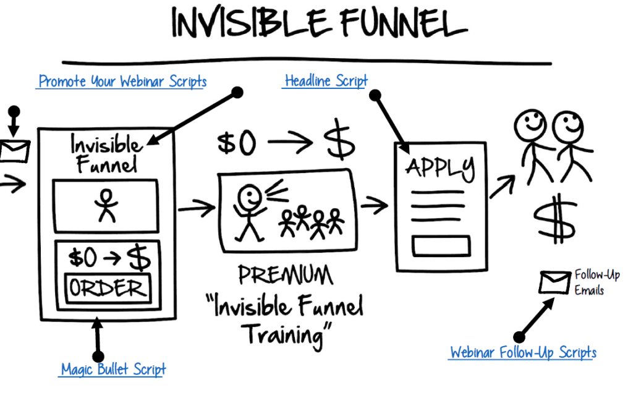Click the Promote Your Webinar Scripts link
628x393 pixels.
pyautogui.click(x=122, y=81)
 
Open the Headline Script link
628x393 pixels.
pyautogui.click(x=326, y=80)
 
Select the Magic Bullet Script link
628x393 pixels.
pyautogui.click(x=113, y=369)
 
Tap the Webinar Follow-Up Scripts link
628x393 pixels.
pyautogui.click(x=523, y=352)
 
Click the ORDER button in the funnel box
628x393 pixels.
pyautogui.click(x=108, y=288)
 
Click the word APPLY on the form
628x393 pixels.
pyautogui.click(x=440, y=167)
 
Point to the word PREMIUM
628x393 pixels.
pyautogui.click(x=285, y=275)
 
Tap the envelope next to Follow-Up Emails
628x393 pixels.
pyautogui.click(x=554, y=282)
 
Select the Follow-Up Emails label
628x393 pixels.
pyautogui.click(x=596, y=282)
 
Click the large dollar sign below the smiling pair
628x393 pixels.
pyautogui.click(x=556, y=219)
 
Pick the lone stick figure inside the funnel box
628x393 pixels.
pyautogui.click(x=106, y=205)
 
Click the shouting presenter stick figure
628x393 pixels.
pyautogui.click(x=249, y=212)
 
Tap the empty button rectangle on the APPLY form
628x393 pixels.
pyautogui.click(x=441, y=246)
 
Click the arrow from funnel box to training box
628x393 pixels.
pyautogui.click(x=197, y=208)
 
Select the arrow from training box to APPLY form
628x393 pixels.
pyautogui.click(x=375, y=205)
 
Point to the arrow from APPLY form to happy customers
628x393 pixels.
pyautogui.click(x=503, y=186)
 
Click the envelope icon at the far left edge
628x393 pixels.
pyautogui.click(x=14, y=151)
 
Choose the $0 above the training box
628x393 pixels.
pyautogui.click(x=236, y=143)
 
